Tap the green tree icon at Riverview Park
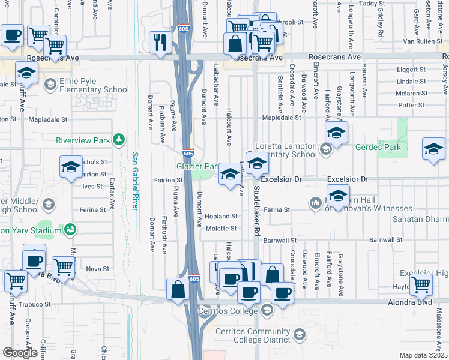point(119,140)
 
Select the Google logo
point(19,352)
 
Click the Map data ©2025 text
point(423,355)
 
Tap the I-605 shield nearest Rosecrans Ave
point(185,28)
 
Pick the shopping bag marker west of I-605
point(179,290)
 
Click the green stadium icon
point(71,230)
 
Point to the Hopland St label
point(221,216)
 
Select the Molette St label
point(221,229)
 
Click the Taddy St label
point(372,4)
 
